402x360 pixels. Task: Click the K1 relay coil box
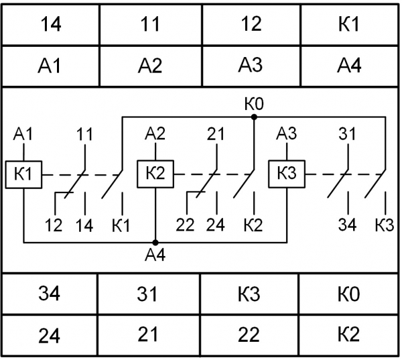coord(23,175)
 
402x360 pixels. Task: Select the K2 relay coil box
coord(155,174)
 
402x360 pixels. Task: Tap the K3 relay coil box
coord(287,174)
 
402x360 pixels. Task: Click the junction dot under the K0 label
coord(254,117)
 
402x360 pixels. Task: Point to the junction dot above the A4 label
coord(155,243)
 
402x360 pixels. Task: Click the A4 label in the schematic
coord(155,255)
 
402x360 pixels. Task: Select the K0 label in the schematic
coord(254,104)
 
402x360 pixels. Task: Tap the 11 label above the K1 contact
coord(85,134)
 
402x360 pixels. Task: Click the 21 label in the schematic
coord(216,133)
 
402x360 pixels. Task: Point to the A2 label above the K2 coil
coord(155,133)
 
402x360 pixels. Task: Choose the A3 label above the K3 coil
coord(286,133)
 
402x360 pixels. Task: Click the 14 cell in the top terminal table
coord(51,24)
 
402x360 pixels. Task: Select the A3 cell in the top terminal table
coord(251,66)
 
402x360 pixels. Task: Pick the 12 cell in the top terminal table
coord(251,24)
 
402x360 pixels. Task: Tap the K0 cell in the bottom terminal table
coord(348,294)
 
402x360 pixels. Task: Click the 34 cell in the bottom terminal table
coord(50,294)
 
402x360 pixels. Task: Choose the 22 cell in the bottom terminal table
coord(249,335)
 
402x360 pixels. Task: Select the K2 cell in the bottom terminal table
coord(348,335)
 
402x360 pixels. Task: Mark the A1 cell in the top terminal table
coord(50,66)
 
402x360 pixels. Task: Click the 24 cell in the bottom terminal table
coord(50,335)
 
